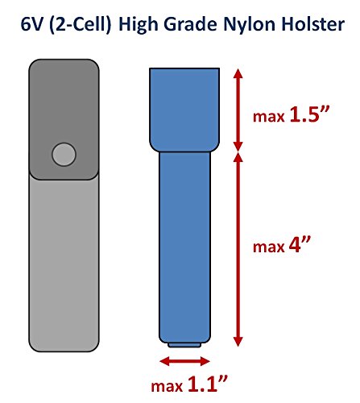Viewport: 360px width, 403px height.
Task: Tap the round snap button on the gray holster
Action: click(x=64, y=154)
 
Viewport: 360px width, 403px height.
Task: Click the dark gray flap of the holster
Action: click(x=64, y=119)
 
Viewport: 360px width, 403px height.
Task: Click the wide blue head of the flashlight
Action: click(x=184, y=110)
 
